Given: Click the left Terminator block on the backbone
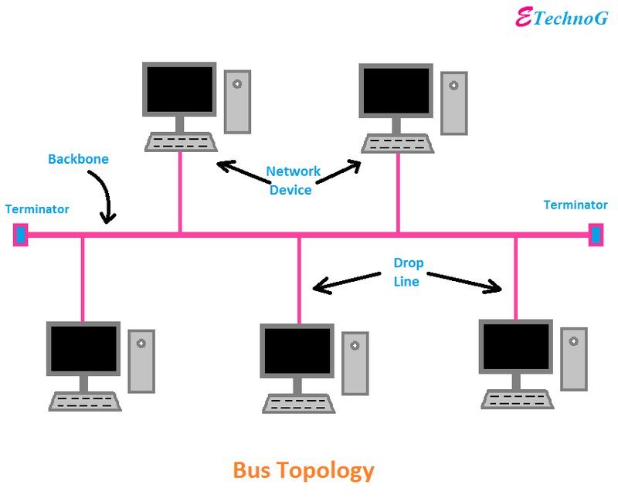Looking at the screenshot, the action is (x=21, y=235).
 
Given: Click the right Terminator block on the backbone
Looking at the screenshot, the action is (x=596, y=235).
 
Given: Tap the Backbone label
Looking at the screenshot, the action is (x=78, y=159).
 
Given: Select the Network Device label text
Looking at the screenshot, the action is (x=293, y=181).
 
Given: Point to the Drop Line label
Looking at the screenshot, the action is (x=408, y=272).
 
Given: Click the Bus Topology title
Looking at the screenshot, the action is (x=304, y=470).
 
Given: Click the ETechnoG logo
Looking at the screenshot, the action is (x=562, y=17).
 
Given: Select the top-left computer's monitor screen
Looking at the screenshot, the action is (x=180, y=89).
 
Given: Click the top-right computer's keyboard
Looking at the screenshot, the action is (x=397, y=144).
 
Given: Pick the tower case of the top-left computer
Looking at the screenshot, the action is (x=237, y=102).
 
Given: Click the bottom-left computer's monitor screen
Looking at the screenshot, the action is (x=83, y=349).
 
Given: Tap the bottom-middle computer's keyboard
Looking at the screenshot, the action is (x=299, y=404).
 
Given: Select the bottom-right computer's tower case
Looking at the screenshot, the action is (x=574, y=359).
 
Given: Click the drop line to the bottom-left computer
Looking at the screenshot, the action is (x=83, y=279).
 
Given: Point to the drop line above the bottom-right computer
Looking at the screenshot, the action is (x=515, y=279).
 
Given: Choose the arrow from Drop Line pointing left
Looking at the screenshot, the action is (x=347, y=282).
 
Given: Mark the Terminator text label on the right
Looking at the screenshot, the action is (x=576, y=205).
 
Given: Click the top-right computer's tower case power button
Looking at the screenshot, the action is (x=453, y=86).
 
